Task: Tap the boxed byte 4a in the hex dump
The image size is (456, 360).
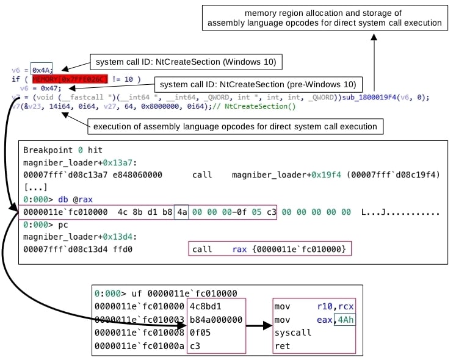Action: click(x=181, y=212)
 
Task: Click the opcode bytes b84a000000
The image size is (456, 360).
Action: click(x=218, y=320)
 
